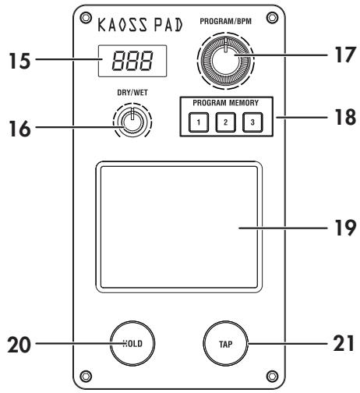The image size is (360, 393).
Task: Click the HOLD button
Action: click(137, 342)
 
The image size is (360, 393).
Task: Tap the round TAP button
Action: click(225, 342)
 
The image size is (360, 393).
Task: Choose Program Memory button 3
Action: click(252, 122)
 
